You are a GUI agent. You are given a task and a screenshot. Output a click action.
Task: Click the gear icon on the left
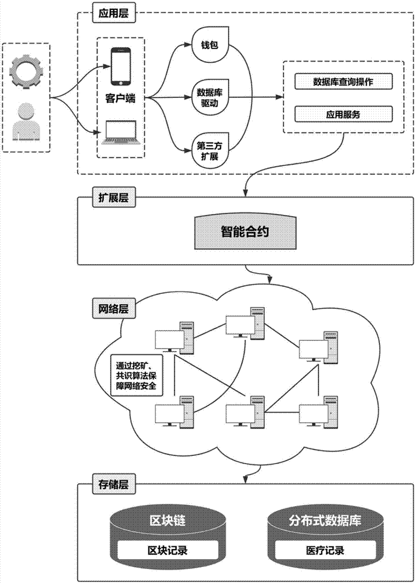point(27,71)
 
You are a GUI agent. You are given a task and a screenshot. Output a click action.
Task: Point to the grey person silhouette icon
point(26,121)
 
